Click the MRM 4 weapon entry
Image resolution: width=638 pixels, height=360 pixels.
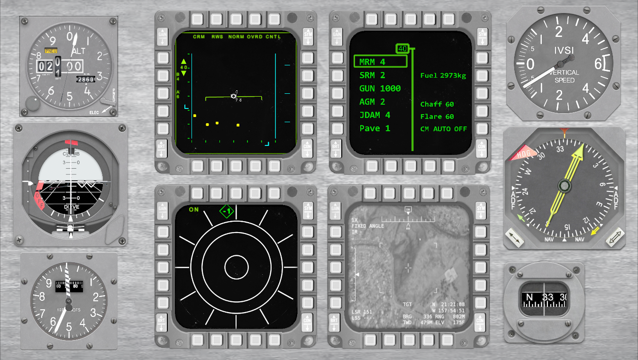click(373, 62)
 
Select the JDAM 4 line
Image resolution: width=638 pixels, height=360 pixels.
click(375, 115)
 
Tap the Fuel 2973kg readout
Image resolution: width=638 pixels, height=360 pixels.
click(443, 75)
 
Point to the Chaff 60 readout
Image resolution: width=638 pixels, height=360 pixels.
click(437, 104)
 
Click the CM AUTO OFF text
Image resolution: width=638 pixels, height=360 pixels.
click(443, 129)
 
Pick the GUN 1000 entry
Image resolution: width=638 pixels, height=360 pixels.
click(380, 89)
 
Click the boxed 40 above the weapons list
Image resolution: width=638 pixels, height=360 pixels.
click(402, 48)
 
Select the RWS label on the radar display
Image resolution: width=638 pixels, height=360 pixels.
click(217, 36)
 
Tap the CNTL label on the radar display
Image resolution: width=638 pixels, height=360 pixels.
click(273, 36)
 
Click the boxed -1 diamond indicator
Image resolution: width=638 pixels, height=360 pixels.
click(228, 211)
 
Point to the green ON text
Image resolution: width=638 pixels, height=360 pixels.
click(194, 209)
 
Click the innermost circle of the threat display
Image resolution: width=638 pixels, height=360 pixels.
click(236, 268)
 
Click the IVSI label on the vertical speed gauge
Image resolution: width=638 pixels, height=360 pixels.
click(564, 50)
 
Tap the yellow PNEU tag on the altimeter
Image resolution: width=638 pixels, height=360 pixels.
click(51, 50)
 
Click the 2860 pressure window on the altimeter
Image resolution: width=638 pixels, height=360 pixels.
click(86, 80)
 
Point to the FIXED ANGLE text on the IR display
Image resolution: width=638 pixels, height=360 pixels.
click(368, 226)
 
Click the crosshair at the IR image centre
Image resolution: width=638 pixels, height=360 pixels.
click(408, 268)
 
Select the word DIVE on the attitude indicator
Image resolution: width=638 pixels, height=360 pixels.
click(72, 207)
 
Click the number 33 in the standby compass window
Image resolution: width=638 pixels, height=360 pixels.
click(548, 297)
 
